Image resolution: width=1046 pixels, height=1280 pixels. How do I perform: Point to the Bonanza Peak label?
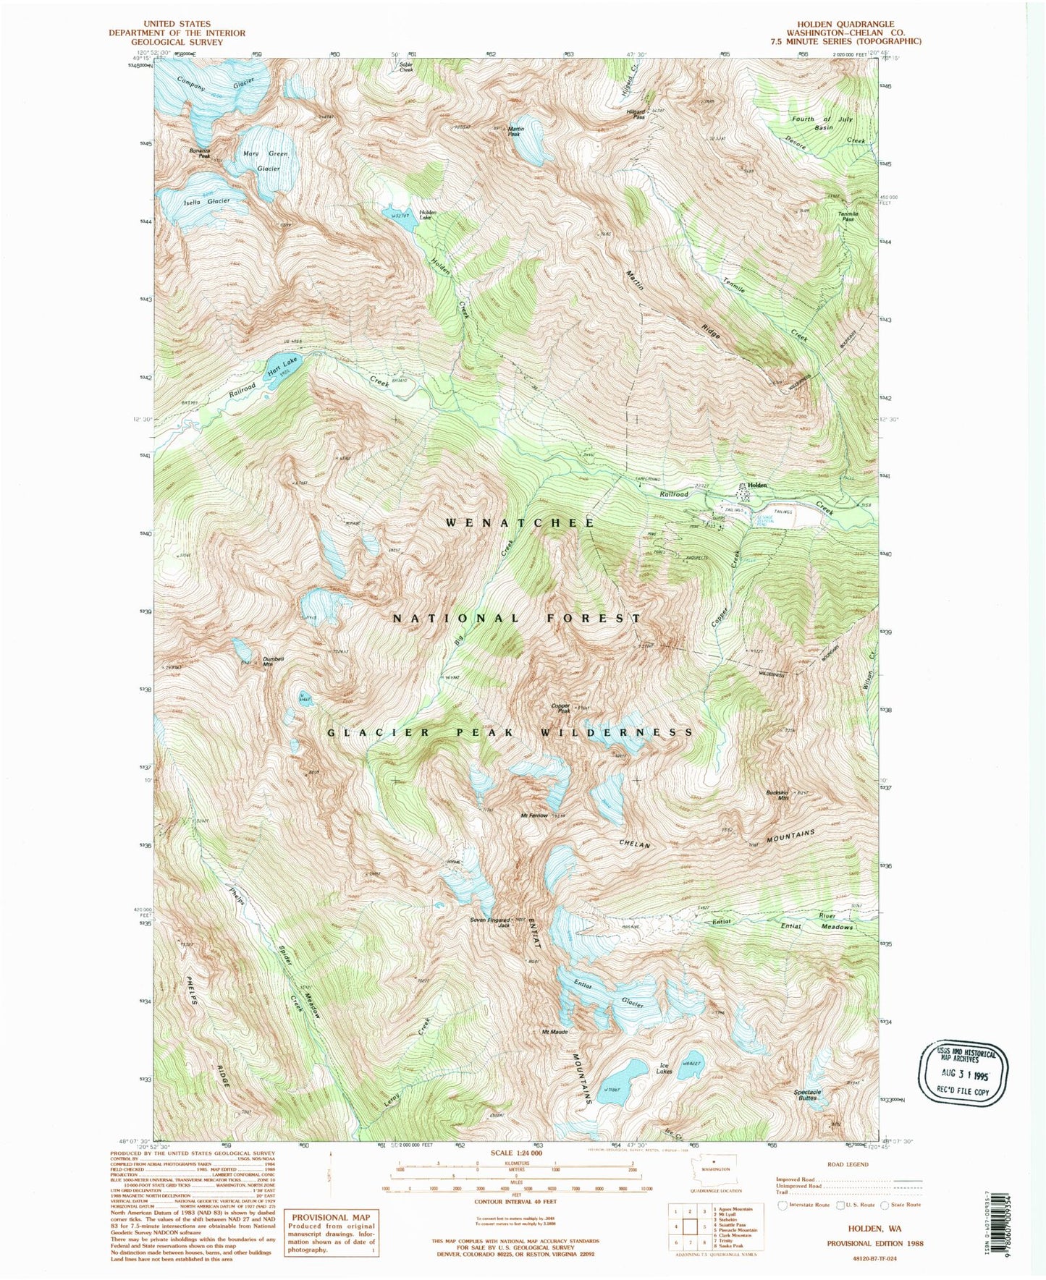tap(199, 153)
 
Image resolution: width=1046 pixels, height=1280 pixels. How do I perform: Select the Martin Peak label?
tap(516, 131)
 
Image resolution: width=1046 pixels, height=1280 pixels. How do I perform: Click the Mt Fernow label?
tap(534, 816)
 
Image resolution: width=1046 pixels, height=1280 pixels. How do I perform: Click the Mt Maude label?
tap(554, 1031)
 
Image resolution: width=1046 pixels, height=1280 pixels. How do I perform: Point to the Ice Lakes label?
tap(664, 1067)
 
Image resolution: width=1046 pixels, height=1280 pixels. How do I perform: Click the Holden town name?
tap(756, 485)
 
